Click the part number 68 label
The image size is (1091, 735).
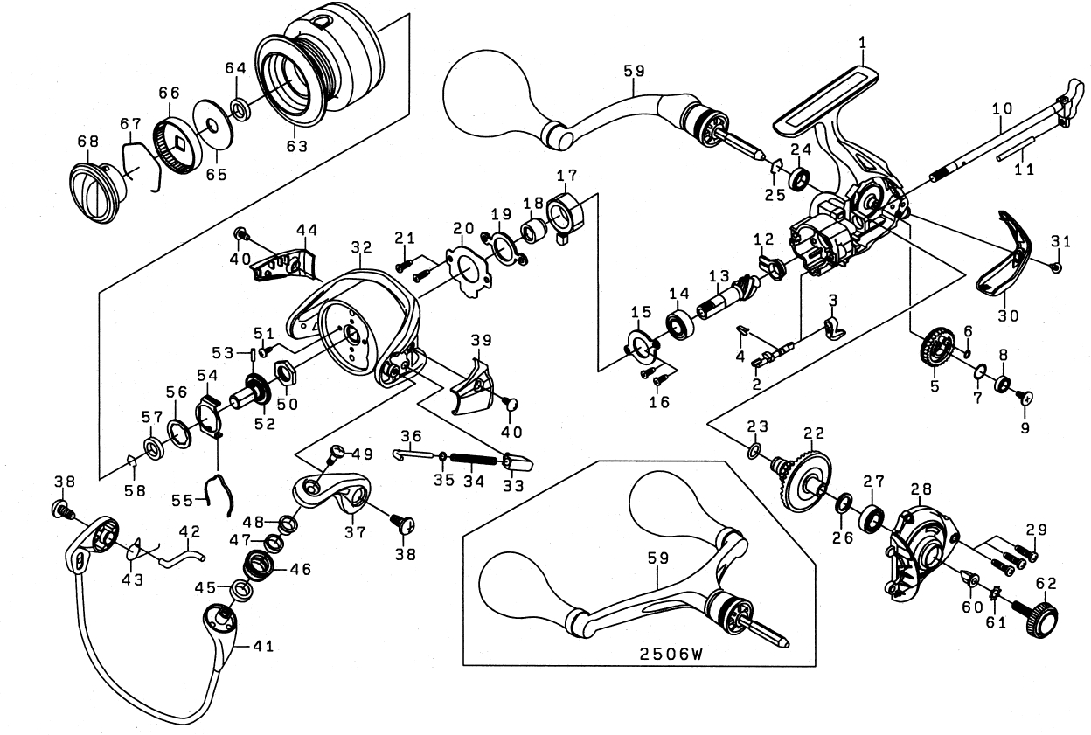pos(87,143)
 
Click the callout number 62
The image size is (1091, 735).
pos(1046,584)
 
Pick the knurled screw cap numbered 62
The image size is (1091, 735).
pos(1041,619)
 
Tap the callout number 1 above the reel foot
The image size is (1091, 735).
pos(862,41)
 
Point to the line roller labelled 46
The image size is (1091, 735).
pos(259,567)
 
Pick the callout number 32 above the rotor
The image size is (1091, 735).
pos(362,247)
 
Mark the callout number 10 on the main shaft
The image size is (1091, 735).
pos(1002,107)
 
